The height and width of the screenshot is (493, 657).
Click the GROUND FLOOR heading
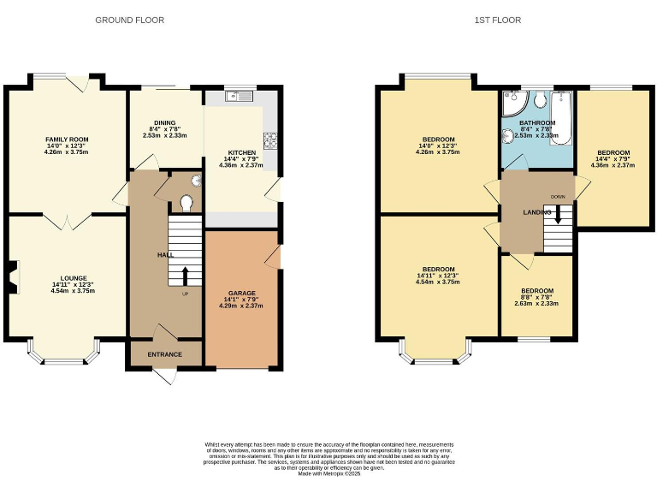pos(130,20)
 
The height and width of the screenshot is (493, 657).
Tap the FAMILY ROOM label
pos(67,140)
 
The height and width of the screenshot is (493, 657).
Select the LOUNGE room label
pos(73,278)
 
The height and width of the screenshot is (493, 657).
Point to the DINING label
pos(164,122)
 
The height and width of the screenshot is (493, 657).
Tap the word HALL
pos(166,255)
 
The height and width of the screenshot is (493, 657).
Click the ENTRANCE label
pos(165,354)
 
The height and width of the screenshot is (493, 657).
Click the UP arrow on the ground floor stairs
pos(186,275)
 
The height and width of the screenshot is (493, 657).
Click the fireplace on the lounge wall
pos(11,276)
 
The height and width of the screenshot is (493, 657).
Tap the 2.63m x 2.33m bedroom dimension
pos(537,302)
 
